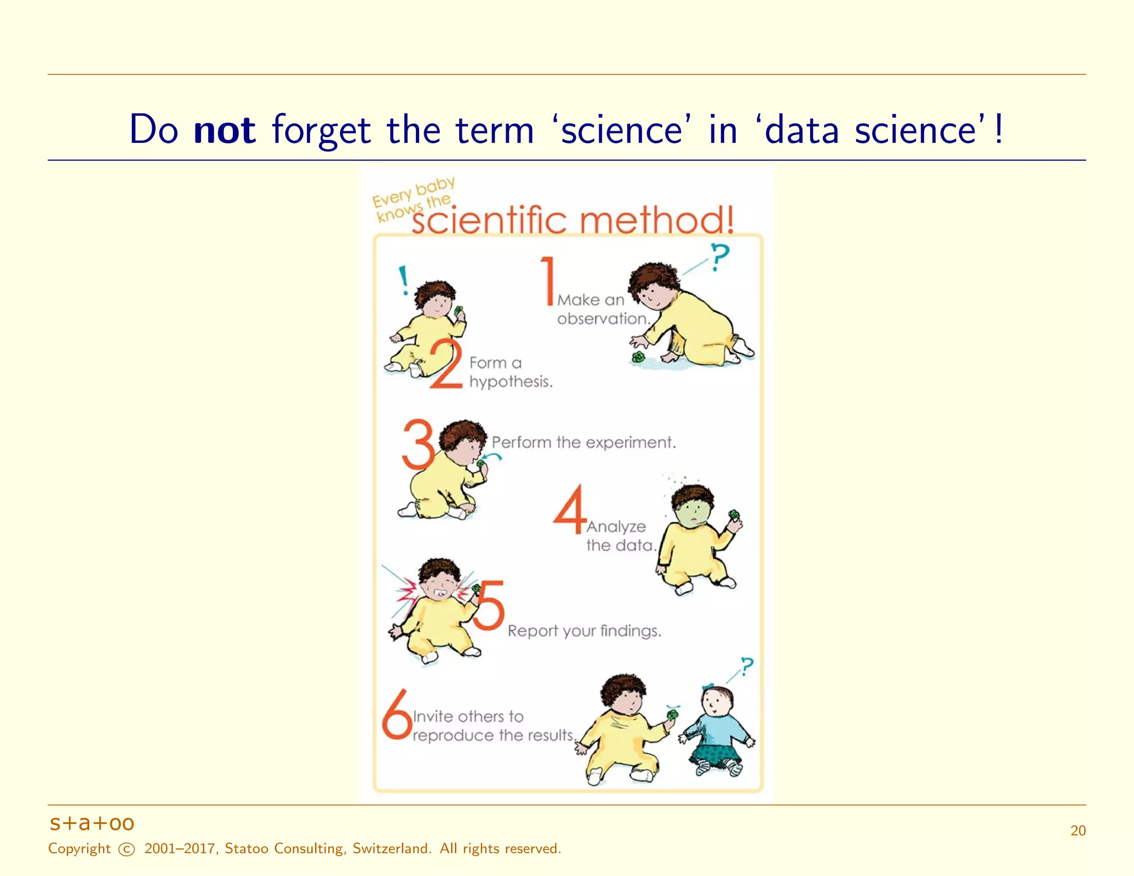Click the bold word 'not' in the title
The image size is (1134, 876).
click(224, 130)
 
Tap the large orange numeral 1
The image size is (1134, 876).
click(548, 281)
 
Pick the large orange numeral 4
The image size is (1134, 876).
click(570, 510)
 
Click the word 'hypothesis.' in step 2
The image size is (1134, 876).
click(511, 382)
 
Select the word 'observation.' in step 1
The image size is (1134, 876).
click(603, 319)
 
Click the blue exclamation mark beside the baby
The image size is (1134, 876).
click(404, 280)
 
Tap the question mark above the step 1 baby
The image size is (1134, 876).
click(720, 257)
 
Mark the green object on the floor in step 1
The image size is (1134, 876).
click(638, 357)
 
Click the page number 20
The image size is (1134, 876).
click(1078, 831)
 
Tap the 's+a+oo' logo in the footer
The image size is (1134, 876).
click(92, 823)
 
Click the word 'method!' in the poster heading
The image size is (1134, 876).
click(657, 220)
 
